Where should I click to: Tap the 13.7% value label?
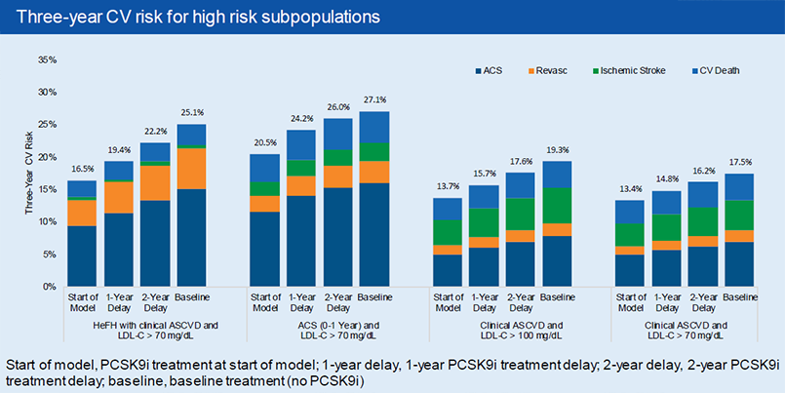coord(446,185)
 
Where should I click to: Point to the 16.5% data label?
coord(81,168)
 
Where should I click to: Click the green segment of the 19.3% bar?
coord(557,205)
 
